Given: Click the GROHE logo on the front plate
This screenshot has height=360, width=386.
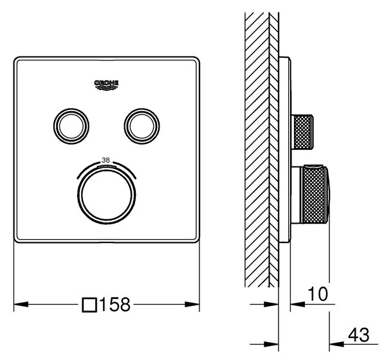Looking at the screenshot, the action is click(106, 85).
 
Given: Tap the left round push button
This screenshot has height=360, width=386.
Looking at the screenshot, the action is click(71, 126).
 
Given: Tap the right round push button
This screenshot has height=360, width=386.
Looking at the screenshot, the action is click(142, 126).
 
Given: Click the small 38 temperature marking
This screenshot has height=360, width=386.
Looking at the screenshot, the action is click(106, 160).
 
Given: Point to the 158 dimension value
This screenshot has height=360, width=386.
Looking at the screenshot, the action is click(115, 305).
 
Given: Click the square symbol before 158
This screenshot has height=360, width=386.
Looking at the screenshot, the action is click(89, 305).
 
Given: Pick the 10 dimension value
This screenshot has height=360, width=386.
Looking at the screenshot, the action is click(318, 294).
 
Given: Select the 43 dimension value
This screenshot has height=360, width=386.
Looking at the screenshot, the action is click(359, 335).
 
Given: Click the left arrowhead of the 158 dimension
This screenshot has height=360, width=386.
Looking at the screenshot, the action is click(21, 305).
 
